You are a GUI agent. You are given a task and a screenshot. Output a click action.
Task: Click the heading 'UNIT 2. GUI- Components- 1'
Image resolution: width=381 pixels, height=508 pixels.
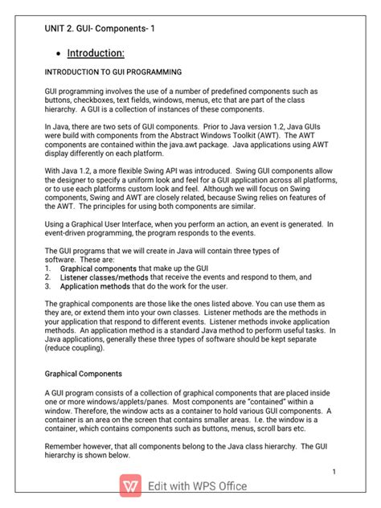pos(100,30)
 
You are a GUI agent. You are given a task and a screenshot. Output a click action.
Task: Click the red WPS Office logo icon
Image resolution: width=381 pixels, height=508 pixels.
pos(131,485)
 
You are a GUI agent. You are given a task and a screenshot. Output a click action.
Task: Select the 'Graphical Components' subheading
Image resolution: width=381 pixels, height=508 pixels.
pos(83,374)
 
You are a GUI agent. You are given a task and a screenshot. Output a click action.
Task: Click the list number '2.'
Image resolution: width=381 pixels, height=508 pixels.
pos(48,277)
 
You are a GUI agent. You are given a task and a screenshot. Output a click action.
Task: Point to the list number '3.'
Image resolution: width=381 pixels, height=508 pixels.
pos(48,285)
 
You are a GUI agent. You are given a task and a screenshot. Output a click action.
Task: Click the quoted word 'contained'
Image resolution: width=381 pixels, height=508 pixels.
pos(249,400)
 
